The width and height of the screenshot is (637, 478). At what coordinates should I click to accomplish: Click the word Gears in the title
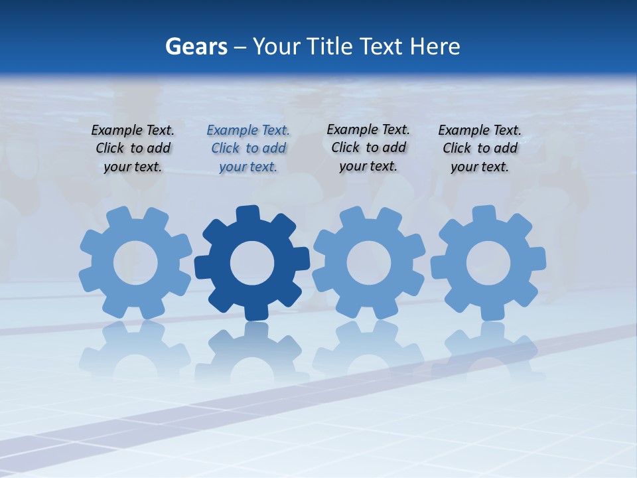coord(196,47)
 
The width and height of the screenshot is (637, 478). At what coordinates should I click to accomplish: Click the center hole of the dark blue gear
coord(252,263)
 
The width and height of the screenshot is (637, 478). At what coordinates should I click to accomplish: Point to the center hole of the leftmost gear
coord(135,264)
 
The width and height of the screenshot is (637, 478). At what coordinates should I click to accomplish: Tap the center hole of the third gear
coord(369,262)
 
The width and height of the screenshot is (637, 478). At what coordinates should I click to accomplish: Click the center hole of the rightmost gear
coord(488,263)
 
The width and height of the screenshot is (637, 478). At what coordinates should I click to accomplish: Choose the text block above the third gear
coord(368,148)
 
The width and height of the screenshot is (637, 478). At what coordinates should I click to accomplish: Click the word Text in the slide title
coord(382,47)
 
